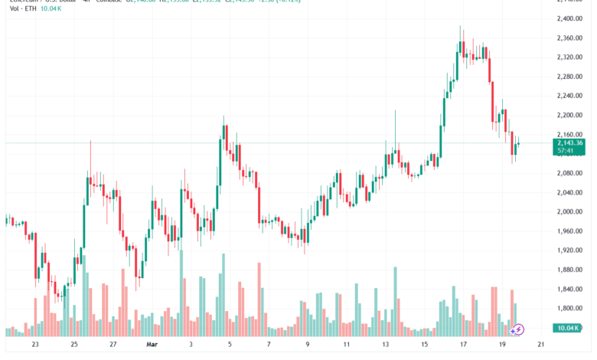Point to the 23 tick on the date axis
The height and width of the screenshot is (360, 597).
pos(35,345)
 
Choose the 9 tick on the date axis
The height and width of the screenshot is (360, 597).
pos(306,345)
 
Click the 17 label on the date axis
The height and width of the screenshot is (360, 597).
pos(463,345)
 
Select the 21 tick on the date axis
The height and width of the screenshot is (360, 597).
pos(541,345)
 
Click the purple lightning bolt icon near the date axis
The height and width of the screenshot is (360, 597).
pos(519,329)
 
